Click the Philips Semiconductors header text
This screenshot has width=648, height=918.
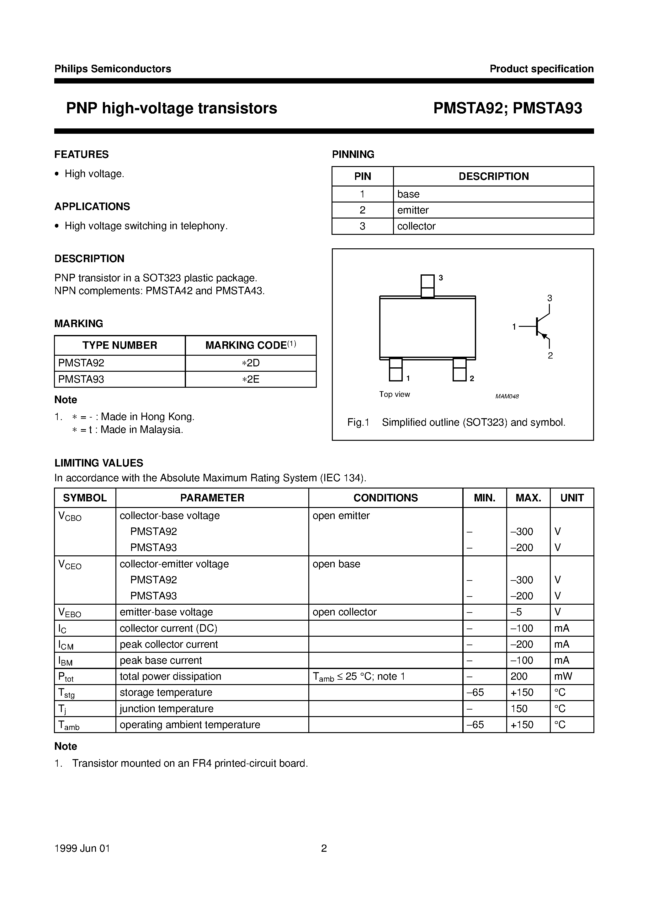113,69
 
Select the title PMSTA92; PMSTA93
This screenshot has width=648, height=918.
507,108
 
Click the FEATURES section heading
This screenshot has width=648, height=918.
82,154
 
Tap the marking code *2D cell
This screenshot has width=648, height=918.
251,363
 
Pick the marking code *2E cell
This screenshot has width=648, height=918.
251,379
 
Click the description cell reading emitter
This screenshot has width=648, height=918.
413,210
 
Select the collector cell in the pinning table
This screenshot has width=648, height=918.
416,226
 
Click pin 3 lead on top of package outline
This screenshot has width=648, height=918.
428,285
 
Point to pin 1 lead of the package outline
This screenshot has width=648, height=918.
396,370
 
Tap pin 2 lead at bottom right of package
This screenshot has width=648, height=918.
459,370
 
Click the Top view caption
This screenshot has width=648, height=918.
394,394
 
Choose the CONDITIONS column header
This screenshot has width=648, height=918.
385,498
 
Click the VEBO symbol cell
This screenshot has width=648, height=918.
70,613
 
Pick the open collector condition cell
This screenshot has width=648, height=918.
344,612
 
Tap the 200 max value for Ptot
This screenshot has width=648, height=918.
519,677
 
